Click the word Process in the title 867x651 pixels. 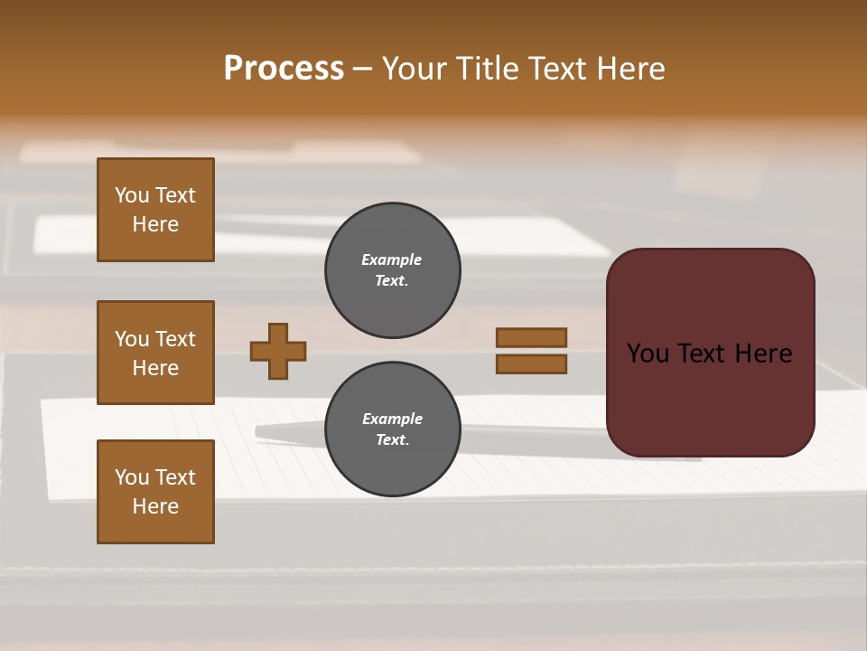(284, 69)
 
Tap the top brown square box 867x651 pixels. (155, 210)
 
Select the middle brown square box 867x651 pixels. (155, 353)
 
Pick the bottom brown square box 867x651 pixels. (155, 492)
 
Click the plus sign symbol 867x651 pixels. (278, 351)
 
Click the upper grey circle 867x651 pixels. (392, 270)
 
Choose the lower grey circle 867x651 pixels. (392, 429)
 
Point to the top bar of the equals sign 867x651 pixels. (531, 337)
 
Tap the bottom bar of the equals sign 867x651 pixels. (531, 363)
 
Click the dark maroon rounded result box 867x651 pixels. (710, 398)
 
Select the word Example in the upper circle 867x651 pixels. (392, 259)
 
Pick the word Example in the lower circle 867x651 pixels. (392, 419)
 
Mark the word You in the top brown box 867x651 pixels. (132, 195)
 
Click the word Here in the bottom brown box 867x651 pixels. (155, 506)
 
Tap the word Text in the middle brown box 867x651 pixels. (174, 339)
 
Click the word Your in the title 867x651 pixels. (415, 69)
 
